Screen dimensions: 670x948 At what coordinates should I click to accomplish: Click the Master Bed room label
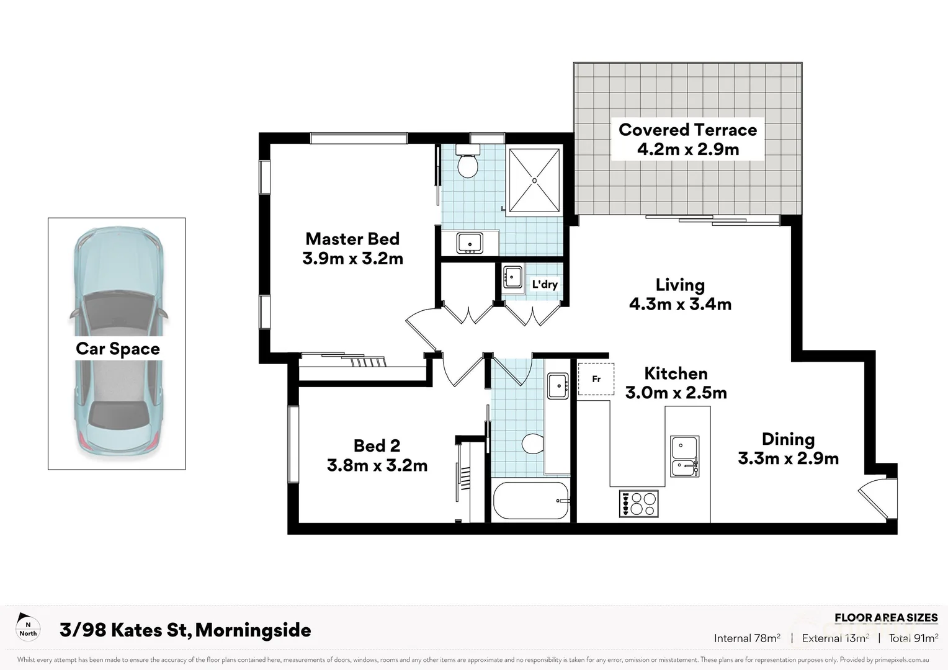pyautogui.click(x=352, y=239)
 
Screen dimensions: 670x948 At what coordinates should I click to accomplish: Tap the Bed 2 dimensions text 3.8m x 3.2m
pyautogui.click(x=377, y=465)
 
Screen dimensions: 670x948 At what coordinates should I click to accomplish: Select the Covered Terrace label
pyautogui.click(x=687, y=130)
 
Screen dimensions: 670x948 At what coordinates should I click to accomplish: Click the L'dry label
pyautogui.click(x=545, y=284)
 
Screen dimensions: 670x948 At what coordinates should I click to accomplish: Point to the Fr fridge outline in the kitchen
pyautogui.click(x=596, y=379)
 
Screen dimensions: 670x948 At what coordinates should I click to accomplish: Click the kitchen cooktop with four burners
pyautogui.click(x=638, y=503)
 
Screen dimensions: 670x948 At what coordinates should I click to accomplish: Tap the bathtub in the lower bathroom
pyautogui.click(x=531, y=501)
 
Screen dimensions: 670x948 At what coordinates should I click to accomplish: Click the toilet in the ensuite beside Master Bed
pyautogui.click(x=467, y=163)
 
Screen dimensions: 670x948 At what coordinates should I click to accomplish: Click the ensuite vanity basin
pyautogui.click(x=470, y=243)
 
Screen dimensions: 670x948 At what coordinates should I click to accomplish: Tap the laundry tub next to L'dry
pyautogui.click(x=513, y=277)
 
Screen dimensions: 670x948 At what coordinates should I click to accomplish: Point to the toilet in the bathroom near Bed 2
pyautogui.click(x=532, y=444)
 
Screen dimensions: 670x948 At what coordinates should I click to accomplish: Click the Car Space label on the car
pyautogui.click(x=118, y=349)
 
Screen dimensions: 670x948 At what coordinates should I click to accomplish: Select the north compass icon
pyautogui.click(x=28, y=627)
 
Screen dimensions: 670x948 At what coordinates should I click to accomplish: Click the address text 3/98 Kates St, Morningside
pyautogui.click(x=186, y=630)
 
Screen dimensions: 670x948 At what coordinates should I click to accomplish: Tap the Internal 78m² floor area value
pyautogui.click(x=747, y=638)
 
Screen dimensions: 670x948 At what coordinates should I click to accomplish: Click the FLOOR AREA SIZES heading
pyautogui.click(x=885, y=617)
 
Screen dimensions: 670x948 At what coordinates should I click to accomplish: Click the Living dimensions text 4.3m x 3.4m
pyautogui.click(x=680, y=304)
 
